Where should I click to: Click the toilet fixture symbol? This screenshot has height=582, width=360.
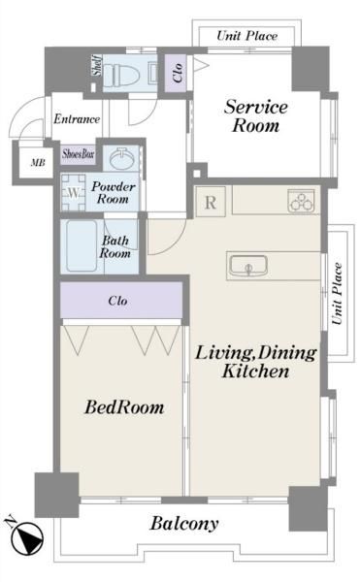pos(121,74)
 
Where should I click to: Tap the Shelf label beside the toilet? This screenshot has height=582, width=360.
pos(97,66)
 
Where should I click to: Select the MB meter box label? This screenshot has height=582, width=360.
pos(38,162)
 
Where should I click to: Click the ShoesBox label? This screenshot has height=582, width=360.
pos(79,153)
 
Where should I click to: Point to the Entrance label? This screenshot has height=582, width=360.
pos(77,118)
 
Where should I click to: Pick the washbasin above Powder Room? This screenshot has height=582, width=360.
pos(121,158)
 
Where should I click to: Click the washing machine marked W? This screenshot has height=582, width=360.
pos(74,193)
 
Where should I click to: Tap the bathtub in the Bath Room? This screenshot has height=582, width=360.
pos(82,245)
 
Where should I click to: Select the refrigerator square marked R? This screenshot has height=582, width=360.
pos(211,202)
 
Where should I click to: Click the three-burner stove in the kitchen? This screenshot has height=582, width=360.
pos(301,201)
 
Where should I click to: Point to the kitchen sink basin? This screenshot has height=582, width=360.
pos(247,266)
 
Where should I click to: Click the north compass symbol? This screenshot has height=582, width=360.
pos(25,536)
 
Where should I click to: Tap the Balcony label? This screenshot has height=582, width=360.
pos(184,524)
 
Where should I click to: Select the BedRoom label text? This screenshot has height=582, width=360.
pos(124,406)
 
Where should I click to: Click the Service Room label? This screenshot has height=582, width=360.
pos(256,115)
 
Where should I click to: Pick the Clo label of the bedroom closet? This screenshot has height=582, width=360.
pos(118,301)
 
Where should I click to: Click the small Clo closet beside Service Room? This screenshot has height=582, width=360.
pos(176,74)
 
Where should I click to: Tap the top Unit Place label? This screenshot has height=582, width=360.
pos(246,36)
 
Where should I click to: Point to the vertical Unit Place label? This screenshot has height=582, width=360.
pos(337,294)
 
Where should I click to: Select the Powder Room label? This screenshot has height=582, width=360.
pos(114,192)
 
